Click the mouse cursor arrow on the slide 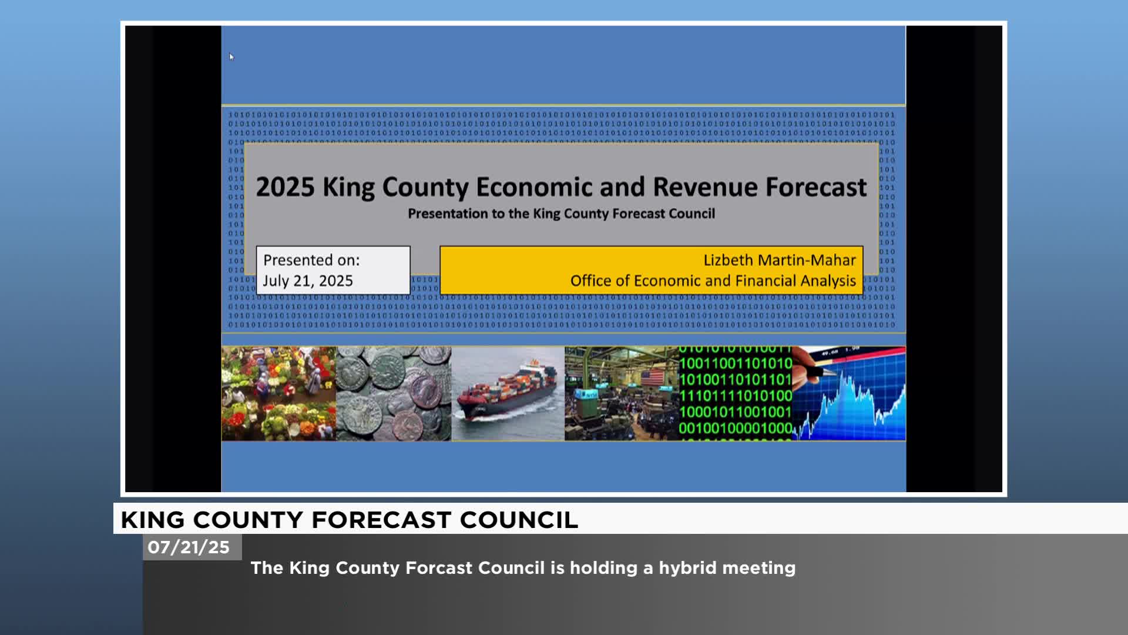click(231, 57)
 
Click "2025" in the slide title click(285, 187)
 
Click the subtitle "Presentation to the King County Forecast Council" click(561, 213)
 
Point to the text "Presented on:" click(311, 260)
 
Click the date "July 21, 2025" click(308, 280)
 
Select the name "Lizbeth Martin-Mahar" click(779, 260)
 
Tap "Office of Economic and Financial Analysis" click(713, 280)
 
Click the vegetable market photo click(278, 393)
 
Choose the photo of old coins click(394, 393)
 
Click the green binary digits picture click(735, 393)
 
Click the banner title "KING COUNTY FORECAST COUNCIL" click(349, 520)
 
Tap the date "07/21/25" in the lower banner click(189, 547)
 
